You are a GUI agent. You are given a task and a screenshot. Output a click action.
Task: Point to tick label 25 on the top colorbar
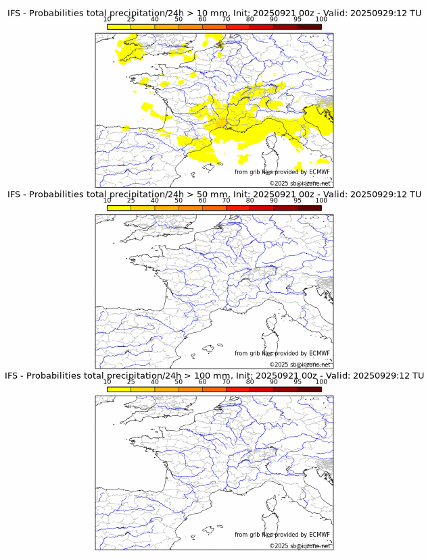click(x=131, y=20)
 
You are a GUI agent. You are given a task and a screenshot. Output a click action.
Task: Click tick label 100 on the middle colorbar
click(x=321, y=201)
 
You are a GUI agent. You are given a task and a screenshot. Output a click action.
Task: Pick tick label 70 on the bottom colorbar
click(x=227, y=382)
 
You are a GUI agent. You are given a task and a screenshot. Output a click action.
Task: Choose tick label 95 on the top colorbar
click(x=298, y=20)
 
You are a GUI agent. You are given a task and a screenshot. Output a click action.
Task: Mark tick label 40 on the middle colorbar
click(x=155, y=201)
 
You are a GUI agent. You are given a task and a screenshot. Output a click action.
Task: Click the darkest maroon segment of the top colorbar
click(x=309, y=27)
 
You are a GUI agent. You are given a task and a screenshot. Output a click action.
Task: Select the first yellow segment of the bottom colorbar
click(x=119, y=390)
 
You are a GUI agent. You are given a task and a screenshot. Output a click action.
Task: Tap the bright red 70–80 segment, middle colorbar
click(x=238, y=208)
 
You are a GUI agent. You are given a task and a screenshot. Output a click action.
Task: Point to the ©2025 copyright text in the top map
click(x=300, y=183)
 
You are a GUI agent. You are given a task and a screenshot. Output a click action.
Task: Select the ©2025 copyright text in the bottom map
click(x=300, y=545)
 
